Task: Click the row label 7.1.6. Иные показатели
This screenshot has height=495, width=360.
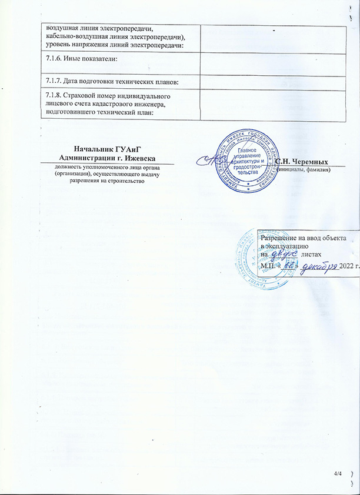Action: point(79,59)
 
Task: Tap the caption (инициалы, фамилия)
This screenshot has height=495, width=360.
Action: point(304,169)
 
